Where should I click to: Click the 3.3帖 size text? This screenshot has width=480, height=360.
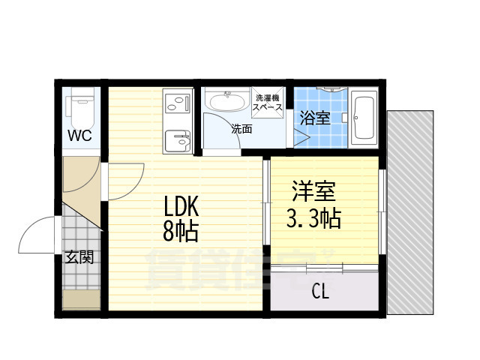313,219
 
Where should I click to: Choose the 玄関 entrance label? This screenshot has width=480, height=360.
79,258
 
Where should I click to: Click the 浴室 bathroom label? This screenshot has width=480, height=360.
314,118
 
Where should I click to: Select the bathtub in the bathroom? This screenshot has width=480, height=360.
365,118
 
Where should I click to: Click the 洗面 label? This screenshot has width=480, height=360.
241,129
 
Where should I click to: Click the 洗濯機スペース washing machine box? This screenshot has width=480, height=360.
268,103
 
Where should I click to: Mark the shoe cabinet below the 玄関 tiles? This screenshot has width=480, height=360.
81,300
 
